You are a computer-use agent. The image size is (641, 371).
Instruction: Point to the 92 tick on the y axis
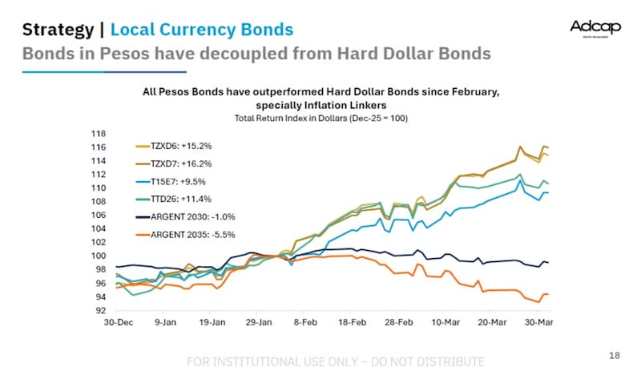pyautogui.click(x=100, y=310)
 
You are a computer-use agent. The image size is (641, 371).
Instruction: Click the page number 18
pyautogui.click(x=615, y=353)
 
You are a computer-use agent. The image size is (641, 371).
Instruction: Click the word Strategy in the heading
pyautogui.click(x=56, y=30)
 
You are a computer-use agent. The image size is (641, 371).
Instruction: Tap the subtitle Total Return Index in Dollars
pyautogui.click(x=309, y=118)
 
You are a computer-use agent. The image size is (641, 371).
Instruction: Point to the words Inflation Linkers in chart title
pyautogui.click(x=342, y=105)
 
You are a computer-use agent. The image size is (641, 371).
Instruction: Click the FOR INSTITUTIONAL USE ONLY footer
pyautogui.click(x=335, y=361)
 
